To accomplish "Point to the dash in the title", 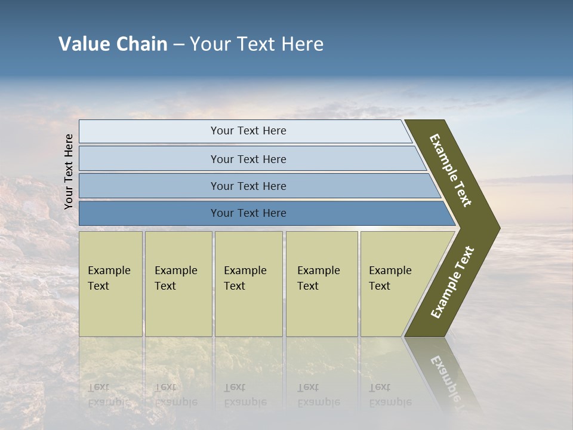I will pyautogui.click(x=178, y=45).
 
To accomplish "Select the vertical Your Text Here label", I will pyautogui.click(x=69, y=171).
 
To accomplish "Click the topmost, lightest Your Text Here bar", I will pyautogui.click(x=248, y=131).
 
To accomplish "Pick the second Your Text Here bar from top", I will pyautogui.click(x=248, y=159).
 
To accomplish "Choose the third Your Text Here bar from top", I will pyautogui.click(x=248, y=186).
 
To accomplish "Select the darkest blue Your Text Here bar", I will pyautogui.click(x=248, y=213).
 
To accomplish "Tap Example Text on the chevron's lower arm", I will pyautogui.click(x=452, y=282).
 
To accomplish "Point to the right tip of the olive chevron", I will pyautogui.click(x=498, y=228).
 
